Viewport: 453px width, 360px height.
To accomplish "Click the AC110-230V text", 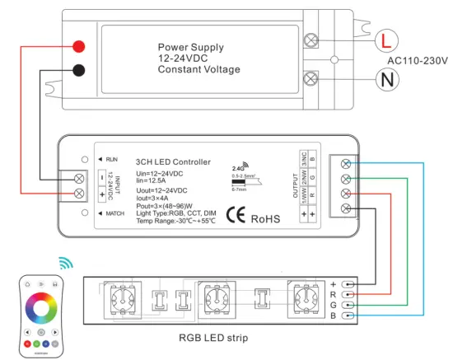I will click(x=417, y=60).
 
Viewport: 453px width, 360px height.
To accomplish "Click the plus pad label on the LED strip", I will click(x=334, y=283).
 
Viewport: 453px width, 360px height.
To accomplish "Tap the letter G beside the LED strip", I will click(x=334, y=305).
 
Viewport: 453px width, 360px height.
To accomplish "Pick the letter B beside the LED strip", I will click(x=334, y=316).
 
